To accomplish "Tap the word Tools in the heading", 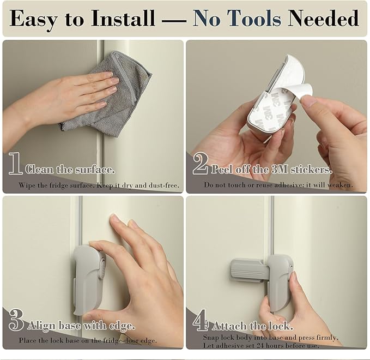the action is click(x=254, y=18).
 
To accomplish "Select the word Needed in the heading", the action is click(x=323, y=18).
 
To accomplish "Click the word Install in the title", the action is click(x=123, y=18).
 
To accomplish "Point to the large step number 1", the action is click(x=15, y=163).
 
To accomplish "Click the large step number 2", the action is click(x=201, y=163).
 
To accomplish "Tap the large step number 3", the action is click(x=16, y=320).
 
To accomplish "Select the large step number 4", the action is click(x=201, y=320).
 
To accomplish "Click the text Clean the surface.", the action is click(x=70, y=170).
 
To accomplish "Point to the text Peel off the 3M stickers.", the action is click(x=271, y=170).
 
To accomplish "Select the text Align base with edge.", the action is click(x=81, y=326).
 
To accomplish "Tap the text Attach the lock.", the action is click(x=253, y=326).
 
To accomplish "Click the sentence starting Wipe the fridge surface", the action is click(x=99, y=185).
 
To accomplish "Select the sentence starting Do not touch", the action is click(x=278, y=185).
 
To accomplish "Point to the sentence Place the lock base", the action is click(x=88, y=340).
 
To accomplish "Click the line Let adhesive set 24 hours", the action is click(x=261, y=346).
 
